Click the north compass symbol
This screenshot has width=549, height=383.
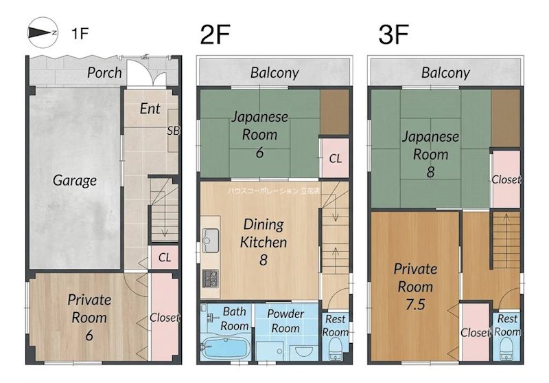43,32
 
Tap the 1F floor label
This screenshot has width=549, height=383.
80,34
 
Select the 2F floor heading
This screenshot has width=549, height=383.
215,34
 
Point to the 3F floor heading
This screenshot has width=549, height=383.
393,34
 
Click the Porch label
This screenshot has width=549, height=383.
104,73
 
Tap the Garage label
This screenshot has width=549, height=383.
75,181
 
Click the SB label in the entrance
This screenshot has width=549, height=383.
174,131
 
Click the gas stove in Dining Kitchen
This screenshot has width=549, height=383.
210,279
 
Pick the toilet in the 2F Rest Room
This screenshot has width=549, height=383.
336,350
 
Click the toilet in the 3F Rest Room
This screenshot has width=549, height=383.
506,350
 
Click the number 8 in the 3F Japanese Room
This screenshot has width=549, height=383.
431,172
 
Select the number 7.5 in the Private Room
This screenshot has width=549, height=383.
415,304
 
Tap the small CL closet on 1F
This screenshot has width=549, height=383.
164,257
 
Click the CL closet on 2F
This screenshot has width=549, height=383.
335,158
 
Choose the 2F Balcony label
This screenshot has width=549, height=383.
274,73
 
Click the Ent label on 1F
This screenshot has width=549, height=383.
150,109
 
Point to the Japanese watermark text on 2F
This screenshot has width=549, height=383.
273,191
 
